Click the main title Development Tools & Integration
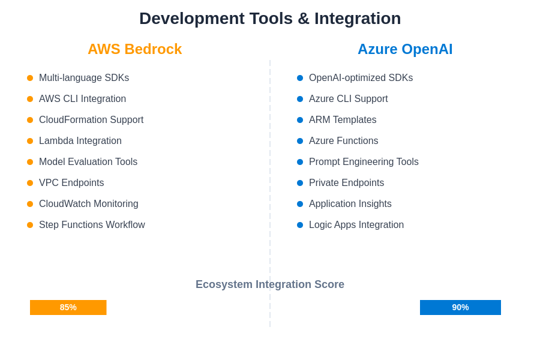point(270,18)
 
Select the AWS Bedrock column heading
point(134,49)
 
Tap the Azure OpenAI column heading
point(405,49)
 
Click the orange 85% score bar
point(68,307)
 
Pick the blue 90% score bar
point(460,307)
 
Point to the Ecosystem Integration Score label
point(270,284)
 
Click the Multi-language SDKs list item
point(84,78)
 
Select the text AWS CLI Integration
point(82,99)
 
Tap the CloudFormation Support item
point(91,120)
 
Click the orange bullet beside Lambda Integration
point(30,141)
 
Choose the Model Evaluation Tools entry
point(88,162)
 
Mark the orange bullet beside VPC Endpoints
point(30,183)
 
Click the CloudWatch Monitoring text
point(89,204)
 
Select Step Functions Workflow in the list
point(92,225)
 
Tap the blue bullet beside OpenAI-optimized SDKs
point(300,78)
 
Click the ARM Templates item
point(343,120)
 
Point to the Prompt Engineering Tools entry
point(364,162)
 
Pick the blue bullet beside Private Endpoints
point(300,183)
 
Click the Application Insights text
point(350,204)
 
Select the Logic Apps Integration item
point(356,225)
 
